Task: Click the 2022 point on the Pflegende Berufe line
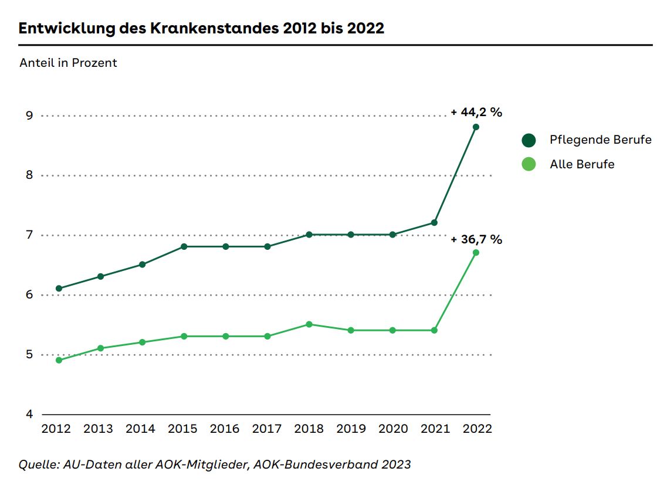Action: click(x=476, y=127)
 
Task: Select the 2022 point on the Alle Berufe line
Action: click(x=476, y=252)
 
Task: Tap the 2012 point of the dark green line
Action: click(x=59, y=288)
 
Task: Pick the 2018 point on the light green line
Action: click(x=309, y=324)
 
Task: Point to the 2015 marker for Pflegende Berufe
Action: click(x=184, y=246)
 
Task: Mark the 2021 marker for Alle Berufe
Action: click(x=434, y=330)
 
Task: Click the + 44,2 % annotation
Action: click(x=476, y=113)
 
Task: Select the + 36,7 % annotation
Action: click(x=476, y=239)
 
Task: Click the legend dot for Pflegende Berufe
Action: click(x=529, y=140)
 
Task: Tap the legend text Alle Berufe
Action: click(x=582, y=164)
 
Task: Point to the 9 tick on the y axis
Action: click(x=29, y=116)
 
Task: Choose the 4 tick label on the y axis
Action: click(x=29, y=414)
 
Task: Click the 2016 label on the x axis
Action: click(x=225, y=429)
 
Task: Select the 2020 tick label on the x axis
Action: click(x=393, y=429)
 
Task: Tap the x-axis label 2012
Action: click(x=56, y=429)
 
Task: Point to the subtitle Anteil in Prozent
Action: click(x=68, y=63)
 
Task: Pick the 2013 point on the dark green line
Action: click(x=100, y=276)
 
